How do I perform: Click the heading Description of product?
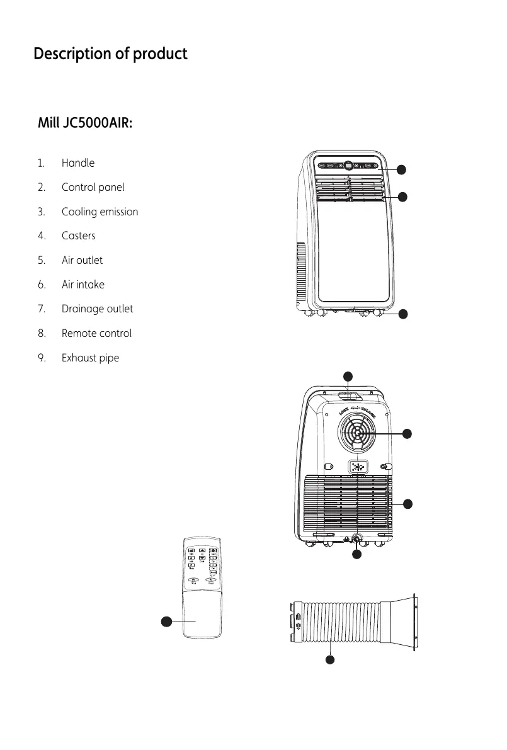click(x=110, y=54)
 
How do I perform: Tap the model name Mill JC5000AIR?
click(x=85, y=123)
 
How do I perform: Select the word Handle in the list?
click(x=78, y=163)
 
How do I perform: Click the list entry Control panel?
click(x=93, y=188)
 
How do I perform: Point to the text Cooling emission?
click(x=100, y=212)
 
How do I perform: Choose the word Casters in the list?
click(x=79, y=236)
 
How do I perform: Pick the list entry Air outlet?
click(x=82, y=260)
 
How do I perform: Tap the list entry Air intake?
click(x=83, y=285)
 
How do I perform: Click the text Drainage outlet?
click(x=97, y=309)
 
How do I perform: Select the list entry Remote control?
click(x=96, y=333)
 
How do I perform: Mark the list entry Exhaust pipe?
click(x=90, y=358)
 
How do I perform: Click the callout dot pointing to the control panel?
click(x=402, y=169)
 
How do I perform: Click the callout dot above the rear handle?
click(x=348, y=377)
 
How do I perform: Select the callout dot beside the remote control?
click(x=166, y=622)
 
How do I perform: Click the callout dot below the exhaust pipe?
click(x=329, y=659)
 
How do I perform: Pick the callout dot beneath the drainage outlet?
click(x=356, y=555)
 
